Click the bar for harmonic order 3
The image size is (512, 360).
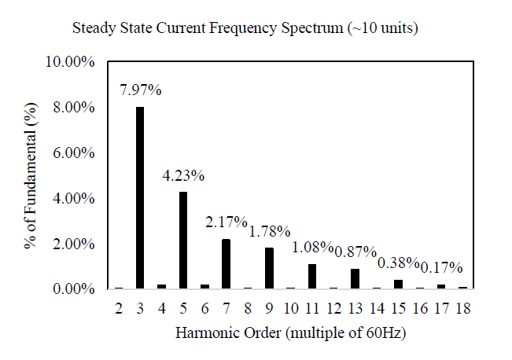(140, 198)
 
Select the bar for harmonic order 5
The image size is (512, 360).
(182, 240)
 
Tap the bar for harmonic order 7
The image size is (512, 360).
(226, 264)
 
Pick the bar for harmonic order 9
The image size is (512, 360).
(268, 268)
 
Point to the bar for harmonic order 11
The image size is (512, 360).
(311, 276)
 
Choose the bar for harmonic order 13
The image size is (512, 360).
(354, 278)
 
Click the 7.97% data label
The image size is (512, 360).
(141, 90)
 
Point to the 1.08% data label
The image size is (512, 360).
(313, 248)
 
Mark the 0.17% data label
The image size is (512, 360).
(440, 267)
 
